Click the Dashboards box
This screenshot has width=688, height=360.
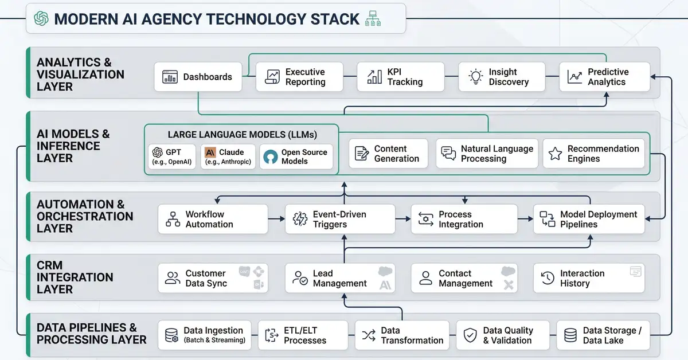[198, 77]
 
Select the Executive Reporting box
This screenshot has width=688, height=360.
[299, 77]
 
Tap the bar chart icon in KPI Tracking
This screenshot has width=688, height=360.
[374, 77]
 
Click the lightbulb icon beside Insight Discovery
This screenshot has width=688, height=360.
[475, 77]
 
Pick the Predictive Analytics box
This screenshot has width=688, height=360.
[604, 77]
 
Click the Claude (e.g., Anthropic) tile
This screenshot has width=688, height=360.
[228, 156]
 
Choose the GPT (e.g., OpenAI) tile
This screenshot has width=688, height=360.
[171, 156]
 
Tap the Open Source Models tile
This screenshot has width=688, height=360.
[296, 156]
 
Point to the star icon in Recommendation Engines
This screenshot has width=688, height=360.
[555, 154]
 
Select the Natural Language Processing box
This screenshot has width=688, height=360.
[487, 154]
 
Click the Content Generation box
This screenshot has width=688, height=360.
[389, 154]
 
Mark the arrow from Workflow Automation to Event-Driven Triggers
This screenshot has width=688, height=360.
[276, 219]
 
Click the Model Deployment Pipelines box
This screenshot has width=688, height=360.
[589, 219]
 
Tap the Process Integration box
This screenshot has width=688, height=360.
[464, 219]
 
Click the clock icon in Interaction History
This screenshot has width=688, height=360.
[548, 279]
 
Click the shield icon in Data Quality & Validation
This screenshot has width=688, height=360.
[470, 335]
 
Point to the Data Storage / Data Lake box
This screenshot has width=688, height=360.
[603, 335]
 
